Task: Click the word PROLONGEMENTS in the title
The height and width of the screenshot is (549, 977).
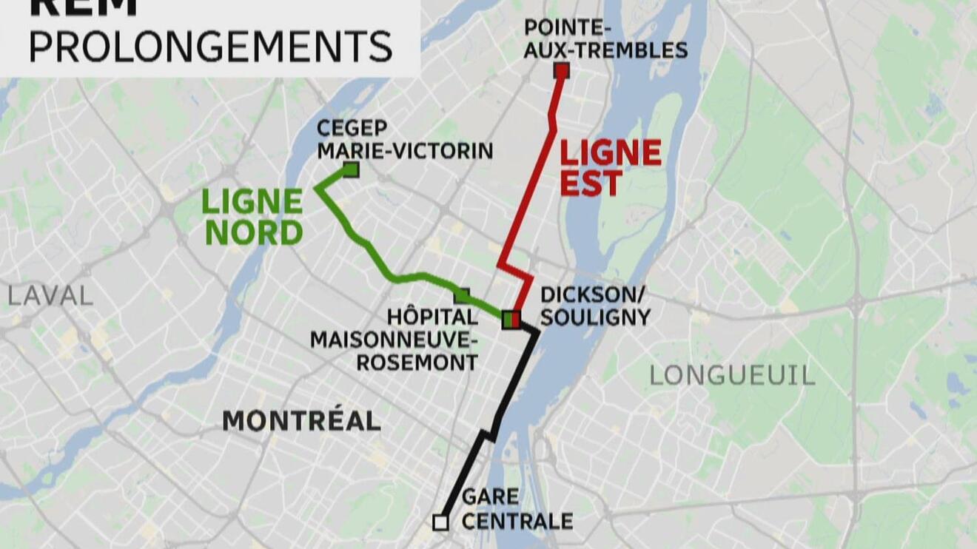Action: pos(211,46)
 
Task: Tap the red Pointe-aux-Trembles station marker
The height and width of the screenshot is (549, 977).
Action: pos(562,71)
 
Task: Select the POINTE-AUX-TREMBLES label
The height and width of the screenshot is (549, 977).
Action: pos(605,39)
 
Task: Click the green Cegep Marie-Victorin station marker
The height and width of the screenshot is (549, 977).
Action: pos(351,170)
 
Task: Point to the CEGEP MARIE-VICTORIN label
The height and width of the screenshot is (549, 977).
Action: pos(404,140)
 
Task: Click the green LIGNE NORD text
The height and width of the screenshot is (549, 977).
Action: pos(253,217)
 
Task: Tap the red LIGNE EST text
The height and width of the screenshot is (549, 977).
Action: pos(610,168)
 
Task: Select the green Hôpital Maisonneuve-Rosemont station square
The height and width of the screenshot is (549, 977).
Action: pos(462,295)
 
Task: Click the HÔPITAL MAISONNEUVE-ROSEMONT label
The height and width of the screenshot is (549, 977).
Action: pos(394,340)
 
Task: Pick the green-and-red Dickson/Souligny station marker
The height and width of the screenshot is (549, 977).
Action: pos(511,320)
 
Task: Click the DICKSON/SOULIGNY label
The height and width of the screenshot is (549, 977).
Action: pos(595,306)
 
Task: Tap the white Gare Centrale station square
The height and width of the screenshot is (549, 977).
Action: pos(440,523)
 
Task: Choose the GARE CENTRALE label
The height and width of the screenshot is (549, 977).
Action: pos(517,508)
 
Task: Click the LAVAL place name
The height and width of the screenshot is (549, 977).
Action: pos(50,296)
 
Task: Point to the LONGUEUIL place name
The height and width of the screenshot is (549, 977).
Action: pos(732,375)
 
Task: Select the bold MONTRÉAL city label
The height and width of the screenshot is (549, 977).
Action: pos(301,421)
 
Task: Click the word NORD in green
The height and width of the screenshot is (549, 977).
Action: pos(254,233)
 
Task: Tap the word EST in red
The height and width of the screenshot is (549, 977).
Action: pos(590,184)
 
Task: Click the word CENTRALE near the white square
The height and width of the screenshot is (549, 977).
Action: pos(517,521)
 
